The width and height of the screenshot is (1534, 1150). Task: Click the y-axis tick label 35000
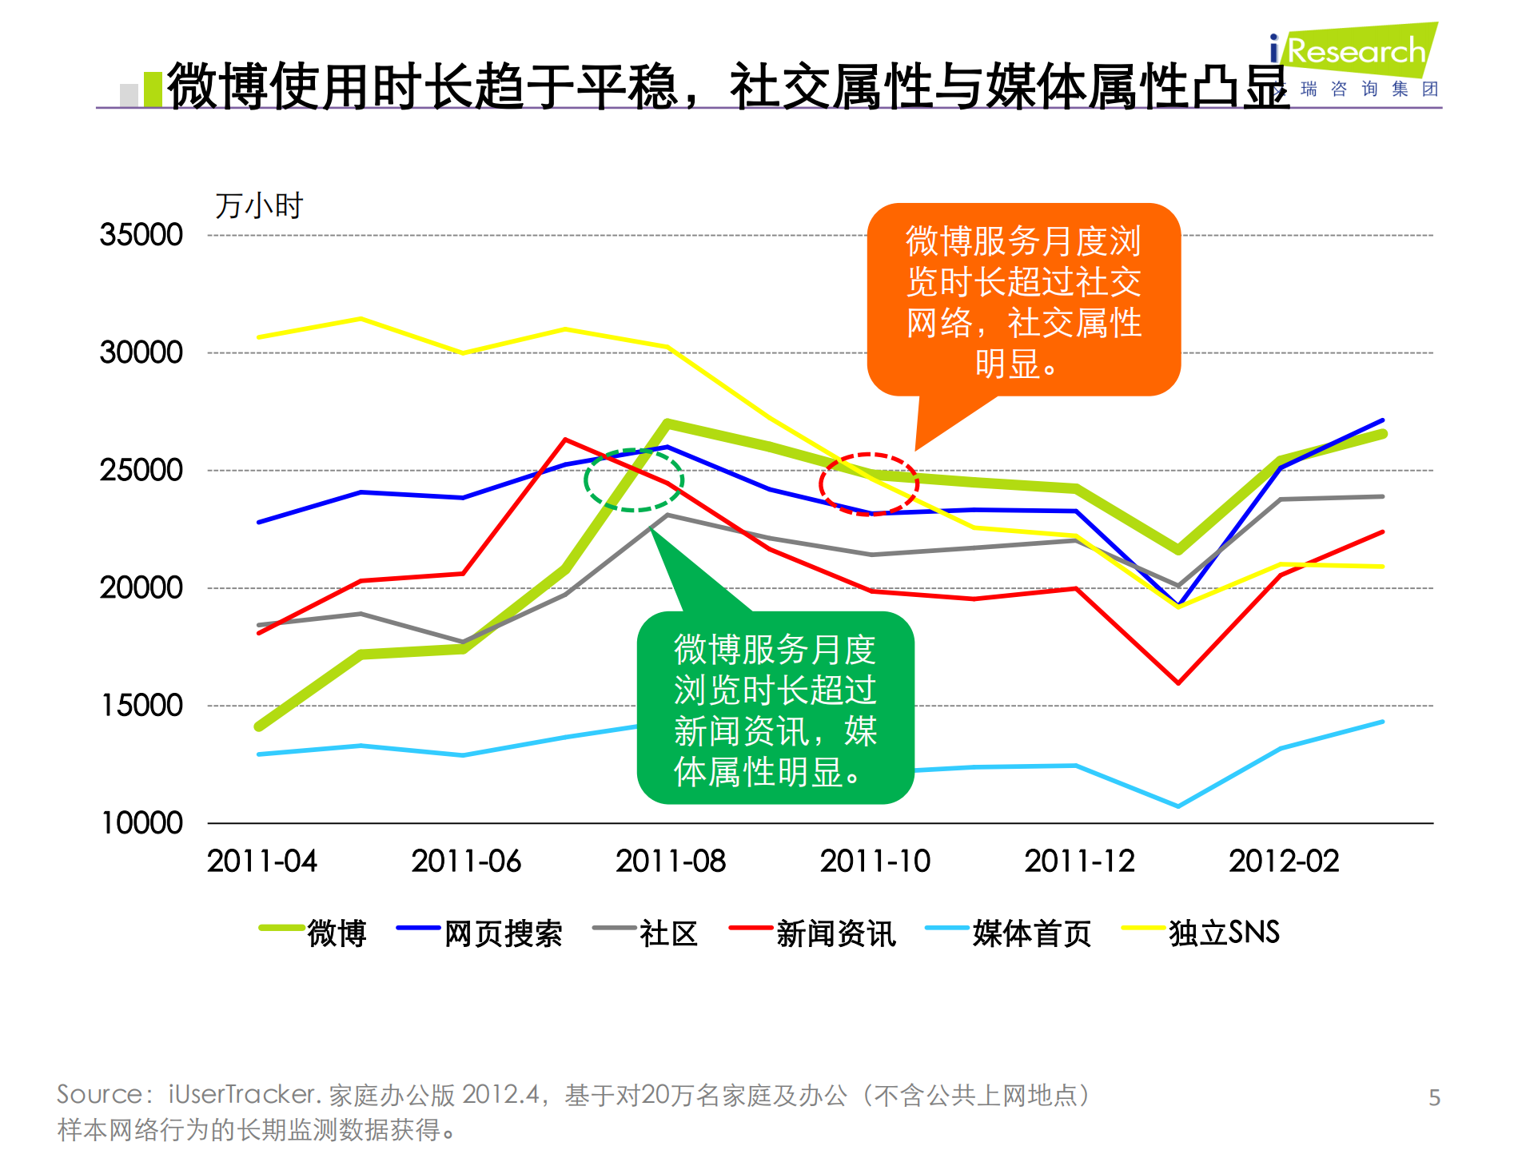click(141, 235)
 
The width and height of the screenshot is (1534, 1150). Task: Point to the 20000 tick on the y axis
click(141, 588)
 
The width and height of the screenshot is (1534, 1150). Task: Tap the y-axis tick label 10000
click(141, 823)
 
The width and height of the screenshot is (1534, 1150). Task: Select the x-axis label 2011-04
click(261, 862)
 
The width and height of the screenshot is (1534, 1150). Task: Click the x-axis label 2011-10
click(875, 862)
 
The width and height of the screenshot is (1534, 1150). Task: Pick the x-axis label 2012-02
click(1283, 862)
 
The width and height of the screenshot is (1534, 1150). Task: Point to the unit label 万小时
click(258, 206)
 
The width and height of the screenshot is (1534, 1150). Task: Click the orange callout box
click(1023, 300)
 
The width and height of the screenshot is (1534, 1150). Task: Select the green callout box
click(775, 708)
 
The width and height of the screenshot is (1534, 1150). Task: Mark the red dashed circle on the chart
click(868, 484)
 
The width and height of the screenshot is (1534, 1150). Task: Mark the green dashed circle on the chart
click(633, 479)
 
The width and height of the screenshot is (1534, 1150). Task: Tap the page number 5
click(1434, 1097)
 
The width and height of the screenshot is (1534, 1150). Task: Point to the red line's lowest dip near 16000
click(1177, 682)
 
